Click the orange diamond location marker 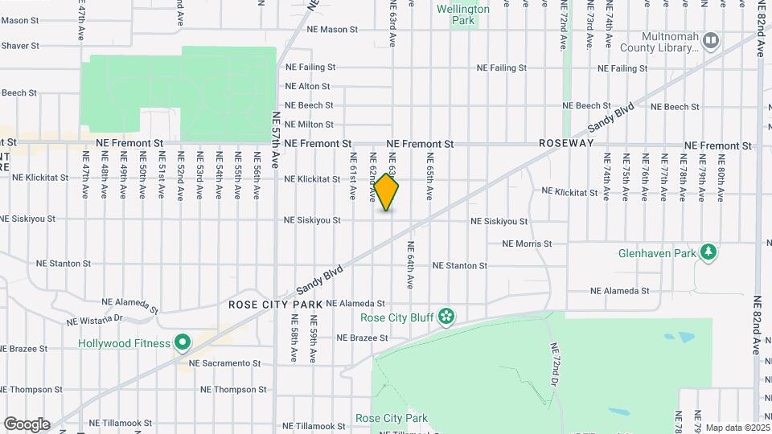pos(386,193)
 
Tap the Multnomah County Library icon pos(711,39)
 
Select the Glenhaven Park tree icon pos(708,253)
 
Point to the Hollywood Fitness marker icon pos(183,344)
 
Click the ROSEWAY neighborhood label pos(566,143)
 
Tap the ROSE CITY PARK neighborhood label pos(275,305)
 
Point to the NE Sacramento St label pos(224,363)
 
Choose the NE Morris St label pos(527,244)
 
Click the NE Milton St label pos(309,125)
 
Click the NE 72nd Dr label pos(555,365)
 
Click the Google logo pos(27,424)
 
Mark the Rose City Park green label pos(392,418)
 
